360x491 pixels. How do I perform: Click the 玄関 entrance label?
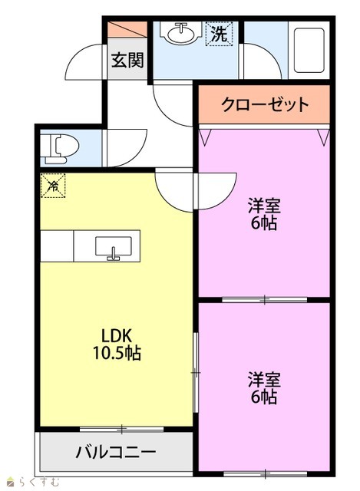[127, 60]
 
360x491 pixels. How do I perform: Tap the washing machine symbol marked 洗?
[219, 34]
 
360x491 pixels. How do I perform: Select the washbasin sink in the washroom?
[181, 32]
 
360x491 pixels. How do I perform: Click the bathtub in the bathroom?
[309, 51]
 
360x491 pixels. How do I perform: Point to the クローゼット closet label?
[265, 104]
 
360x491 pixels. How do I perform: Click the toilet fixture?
[60, 148]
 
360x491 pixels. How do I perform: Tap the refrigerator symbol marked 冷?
[53, 186]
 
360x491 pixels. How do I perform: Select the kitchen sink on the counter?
[113, 247]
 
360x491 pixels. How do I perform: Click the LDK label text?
[116, 336]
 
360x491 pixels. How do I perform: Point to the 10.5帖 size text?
[116, 353]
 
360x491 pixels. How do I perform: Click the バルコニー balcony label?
[116, 452]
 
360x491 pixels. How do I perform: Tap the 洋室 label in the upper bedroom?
[264, 206]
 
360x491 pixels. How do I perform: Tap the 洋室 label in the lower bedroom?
[264, 379]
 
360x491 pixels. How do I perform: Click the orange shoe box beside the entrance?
[127, 30]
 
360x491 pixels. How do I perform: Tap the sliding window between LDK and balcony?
[121, 429]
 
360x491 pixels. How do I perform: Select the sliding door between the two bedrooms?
[265, 300]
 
